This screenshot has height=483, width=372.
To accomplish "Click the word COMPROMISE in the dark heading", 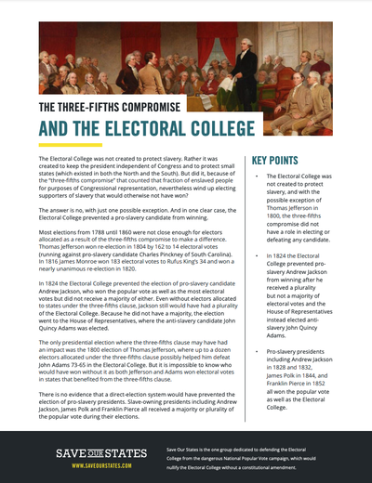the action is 150,107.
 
